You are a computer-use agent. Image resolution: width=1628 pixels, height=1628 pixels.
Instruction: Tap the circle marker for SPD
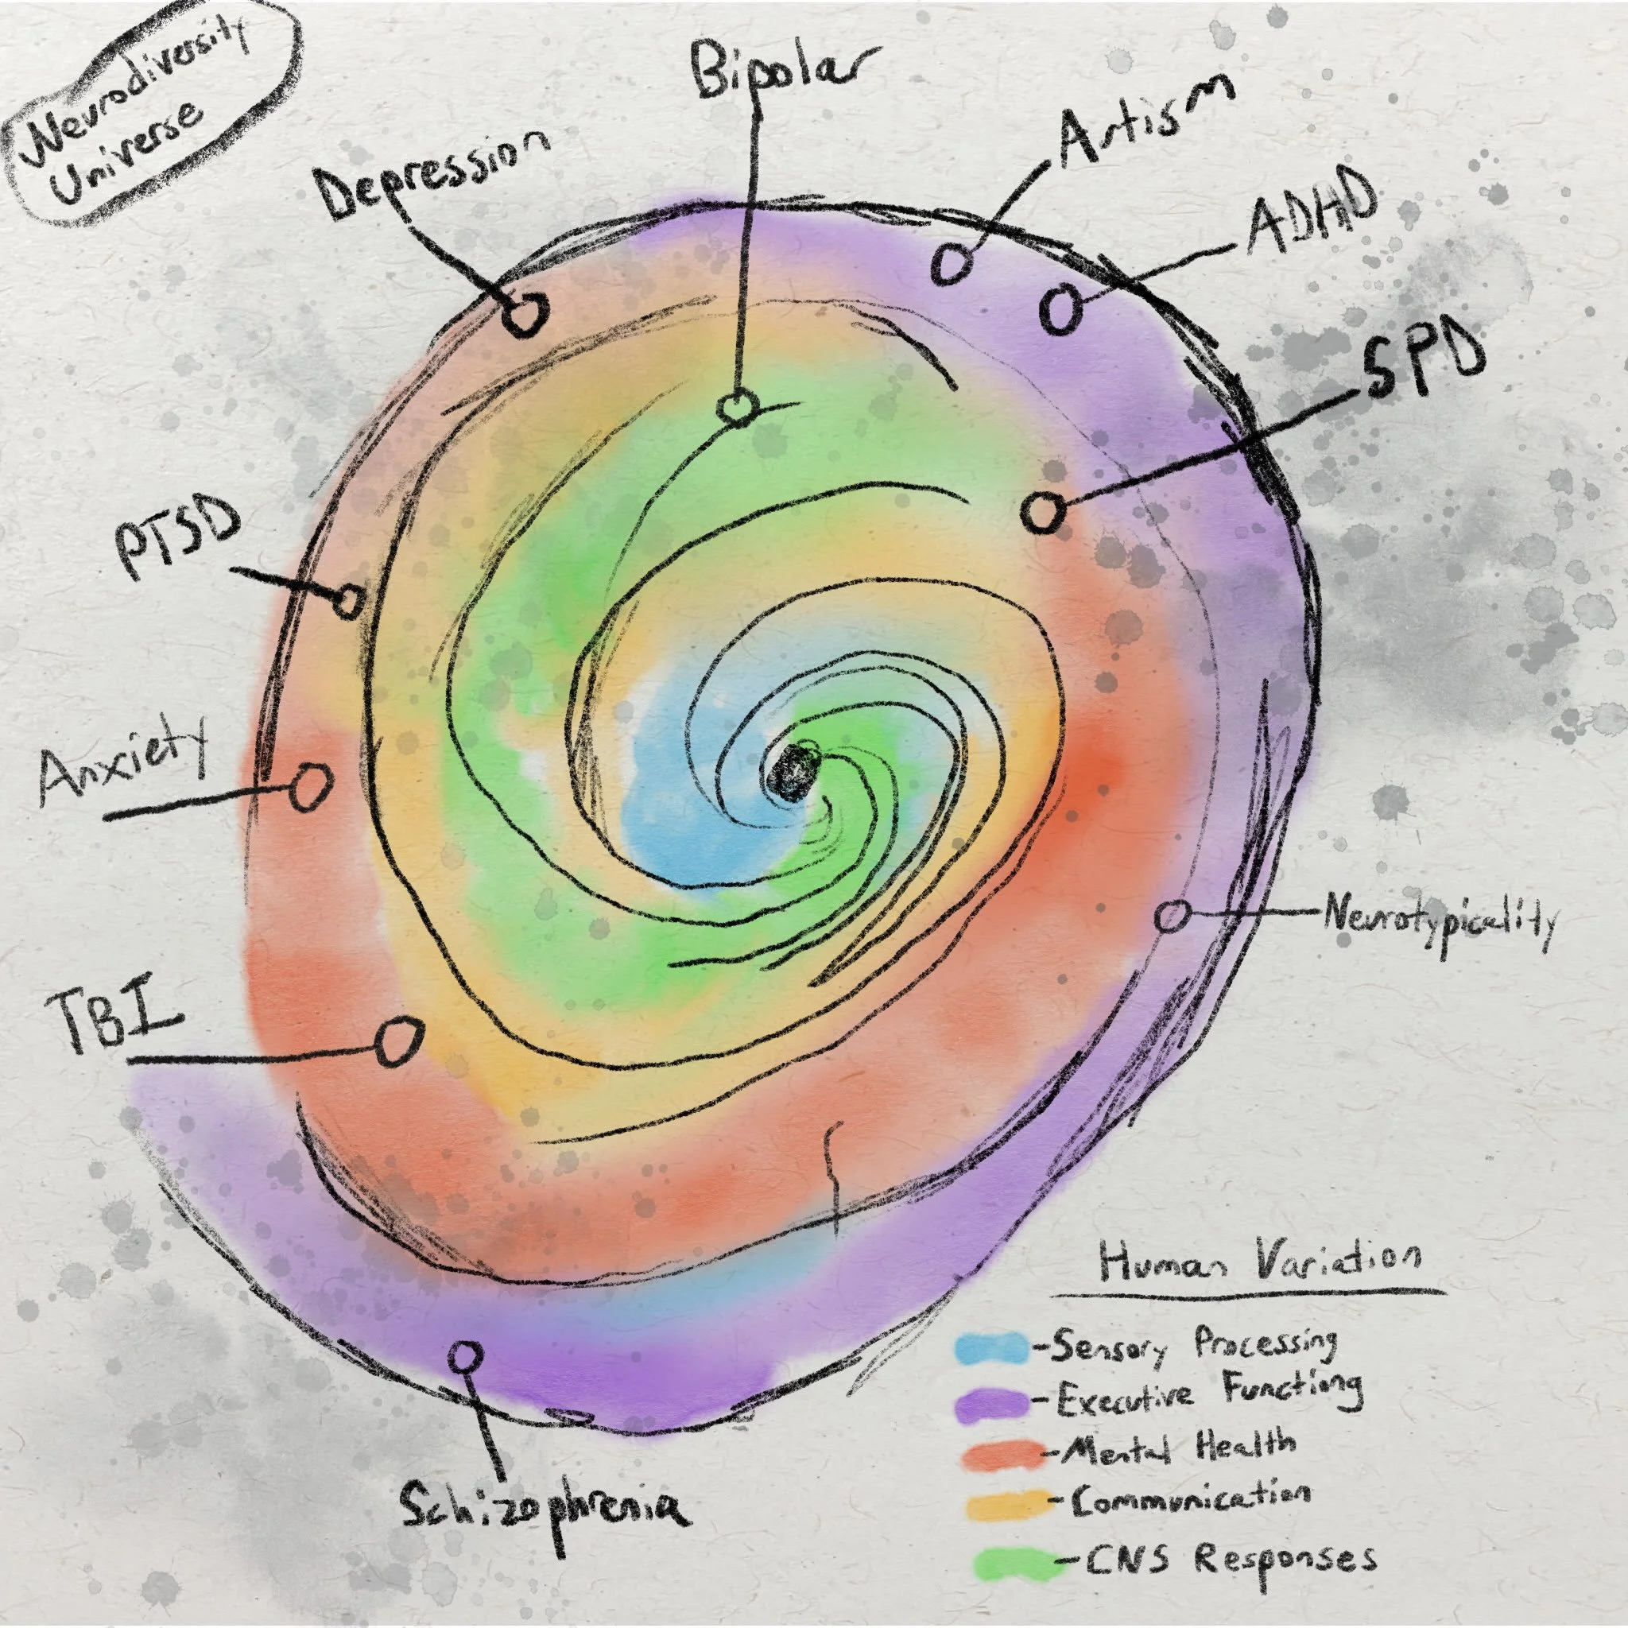[x=1042, y=511]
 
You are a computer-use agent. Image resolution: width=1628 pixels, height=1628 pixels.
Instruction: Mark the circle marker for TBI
[x=397, y=1041]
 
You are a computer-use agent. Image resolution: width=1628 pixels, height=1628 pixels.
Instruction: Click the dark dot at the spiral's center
[x=794, y=771]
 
